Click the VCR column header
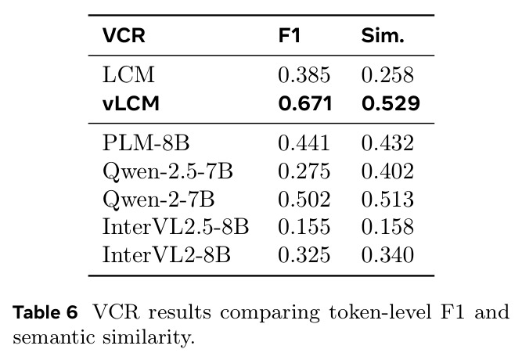coord(124,35)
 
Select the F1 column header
coord(290,35)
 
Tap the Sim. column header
coord(383,35)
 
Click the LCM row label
coord(128,74)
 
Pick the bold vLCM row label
coord(131,103)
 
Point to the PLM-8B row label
coord(146,143)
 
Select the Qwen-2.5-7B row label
coord(167,171)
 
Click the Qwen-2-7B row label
coord(158,199)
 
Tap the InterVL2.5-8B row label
coord(175,227)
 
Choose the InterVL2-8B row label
coord(167,255)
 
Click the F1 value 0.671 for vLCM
coord(305,103)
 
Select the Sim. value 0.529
coord(391,103)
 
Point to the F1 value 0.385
coord(304,74)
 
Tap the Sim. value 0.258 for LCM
coord(387,74)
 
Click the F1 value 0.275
coord(304,171)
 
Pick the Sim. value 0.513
coord(387,199)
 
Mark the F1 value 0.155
coord(304,227)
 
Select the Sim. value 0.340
coord(387,255)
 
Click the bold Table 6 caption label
coord(45,312)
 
